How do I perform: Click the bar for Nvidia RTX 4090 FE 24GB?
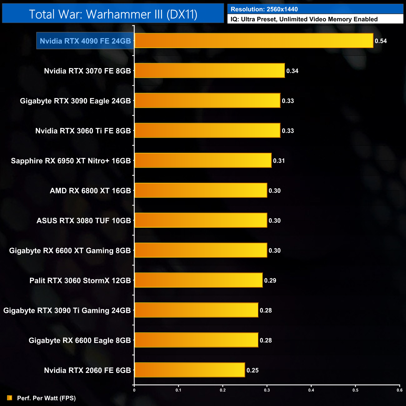(x=254, y=41)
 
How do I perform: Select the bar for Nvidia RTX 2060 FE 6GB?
(x=190, y=370)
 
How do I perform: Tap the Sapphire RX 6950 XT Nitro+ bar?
(x=203, y=161)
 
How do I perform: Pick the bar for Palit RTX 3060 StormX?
(x=198, y=280)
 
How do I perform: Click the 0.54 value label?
(x=381, y=41)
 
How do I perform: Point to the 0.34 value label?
(x=292, y=71)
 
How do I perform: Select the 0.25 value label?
(x=253, y=370)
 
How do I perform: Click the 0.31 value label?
(x=279, y=161)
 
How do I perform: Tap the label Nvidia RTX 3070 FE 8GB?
(x=87, y=71)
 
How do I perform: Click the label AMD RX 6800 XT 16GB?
(x=90, y=191)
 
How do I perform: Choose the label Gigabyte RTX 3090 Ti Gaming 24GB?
(x=67, y=310)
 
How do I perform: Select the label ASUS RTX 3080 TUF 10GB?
(x=84, y=220)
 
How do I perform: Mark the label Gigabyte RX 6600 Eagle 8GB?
(x=80, y=340)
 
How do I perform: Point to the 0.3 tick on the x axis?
(x=267, y=390)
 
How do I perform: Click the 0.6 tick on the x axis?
(x=399, y=390)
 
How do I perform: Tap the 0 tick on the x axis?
(x=134, y=390)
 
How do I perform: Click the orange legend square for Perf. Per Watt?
(x=10, y=398)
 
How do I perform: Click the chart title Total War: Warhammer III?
(x=113, y=14)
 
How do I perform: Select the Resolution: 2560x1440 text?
(x=264, y=9)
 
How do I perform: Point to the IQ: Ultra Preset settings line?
(x=304, y=19)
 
